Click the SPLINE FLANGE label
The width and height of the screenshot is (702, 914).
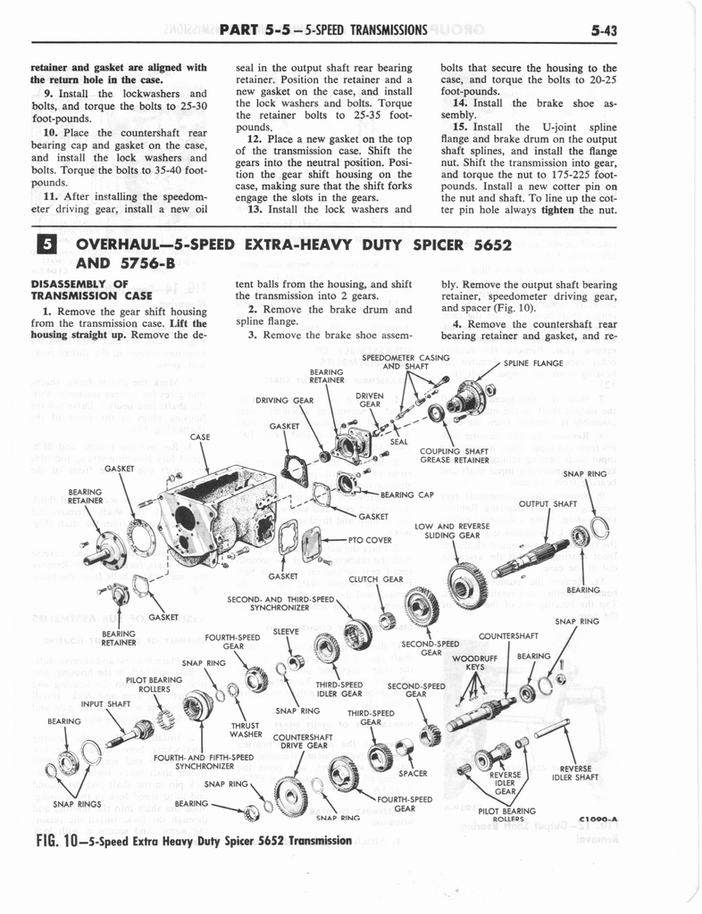(533, 363)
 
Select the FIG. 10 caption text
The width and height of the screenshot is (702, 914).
(192, 841)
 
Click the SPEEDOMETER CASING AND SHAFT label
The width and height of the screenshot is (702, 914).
(405, 361)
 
